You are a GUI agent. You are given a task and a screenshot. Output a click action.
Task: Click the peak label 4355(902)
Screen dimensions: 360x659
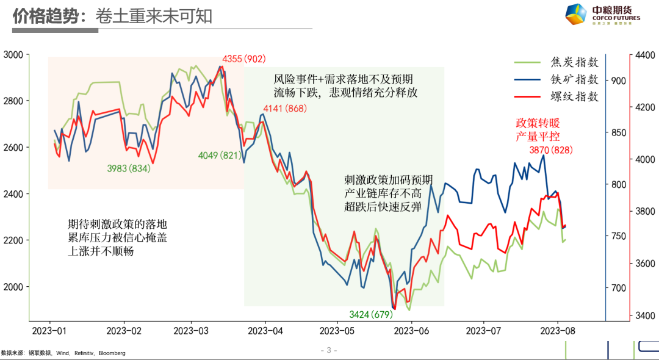(x=244, y=59)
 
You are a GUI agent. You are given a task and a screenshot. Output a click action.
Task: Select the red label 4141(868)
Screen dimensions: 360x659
(x=284, y=109)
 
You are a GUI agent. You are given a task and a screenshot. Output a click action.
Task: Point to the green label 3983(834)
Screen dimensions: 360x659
(x=128, y=168)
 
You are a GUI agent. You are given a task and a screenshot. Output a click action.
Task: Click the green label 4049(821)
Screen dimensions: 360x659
(x=220, y=156)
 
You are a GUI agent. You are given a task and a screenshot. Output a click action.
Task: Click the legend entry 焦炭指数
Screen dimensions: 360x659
(x=574, y=62)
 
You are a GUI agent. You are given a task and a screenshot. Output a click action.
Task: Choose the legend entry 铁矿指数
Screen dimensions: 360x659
(x=574, y=79)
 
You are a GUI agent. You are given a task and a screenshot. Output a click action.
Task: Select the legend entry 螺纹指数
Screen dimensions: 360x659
(x=574, y=97)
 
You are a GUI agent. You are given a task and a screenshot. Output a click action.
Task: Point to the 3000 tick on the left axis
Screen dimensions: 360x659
(x=13, y=55)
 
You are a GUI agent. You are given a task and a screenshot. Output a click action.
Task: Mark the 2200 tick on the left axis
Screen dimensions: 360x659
(x=13, y=240)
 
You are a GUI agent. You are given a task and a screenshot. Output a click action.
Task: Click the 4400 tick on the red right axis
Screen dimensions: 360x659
(x=644, y=55)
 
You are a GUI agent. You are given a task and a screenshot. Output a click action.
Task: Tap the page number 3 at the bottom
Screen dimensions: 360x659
(x=328, y=350)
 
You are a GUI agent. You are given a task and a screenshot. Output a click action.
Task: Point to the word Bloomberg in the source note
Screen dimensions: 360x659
(x=112, y=353)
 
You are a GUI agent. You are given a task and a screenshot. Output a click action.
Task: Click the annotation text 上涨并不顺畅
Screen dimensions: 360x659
(x=101, y=251)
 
